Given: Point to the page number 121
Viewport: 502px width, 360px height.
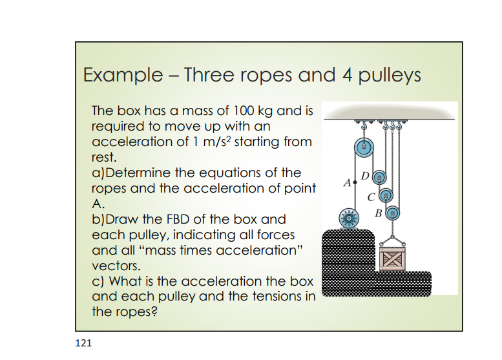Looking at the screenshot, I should click(83, 343).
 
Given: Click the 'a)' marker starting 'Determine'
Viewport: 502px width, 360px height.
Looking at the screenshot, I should click(99, 173).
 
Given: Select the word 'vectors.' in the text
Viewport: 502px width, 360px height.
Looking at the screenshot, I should click(115, 266).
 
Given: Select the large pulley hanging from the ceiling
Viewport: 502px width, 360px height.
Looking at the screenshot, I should click(364, 147).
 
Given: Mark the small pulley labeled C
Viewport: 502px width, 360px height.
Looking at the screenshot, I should click(386, 193).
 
